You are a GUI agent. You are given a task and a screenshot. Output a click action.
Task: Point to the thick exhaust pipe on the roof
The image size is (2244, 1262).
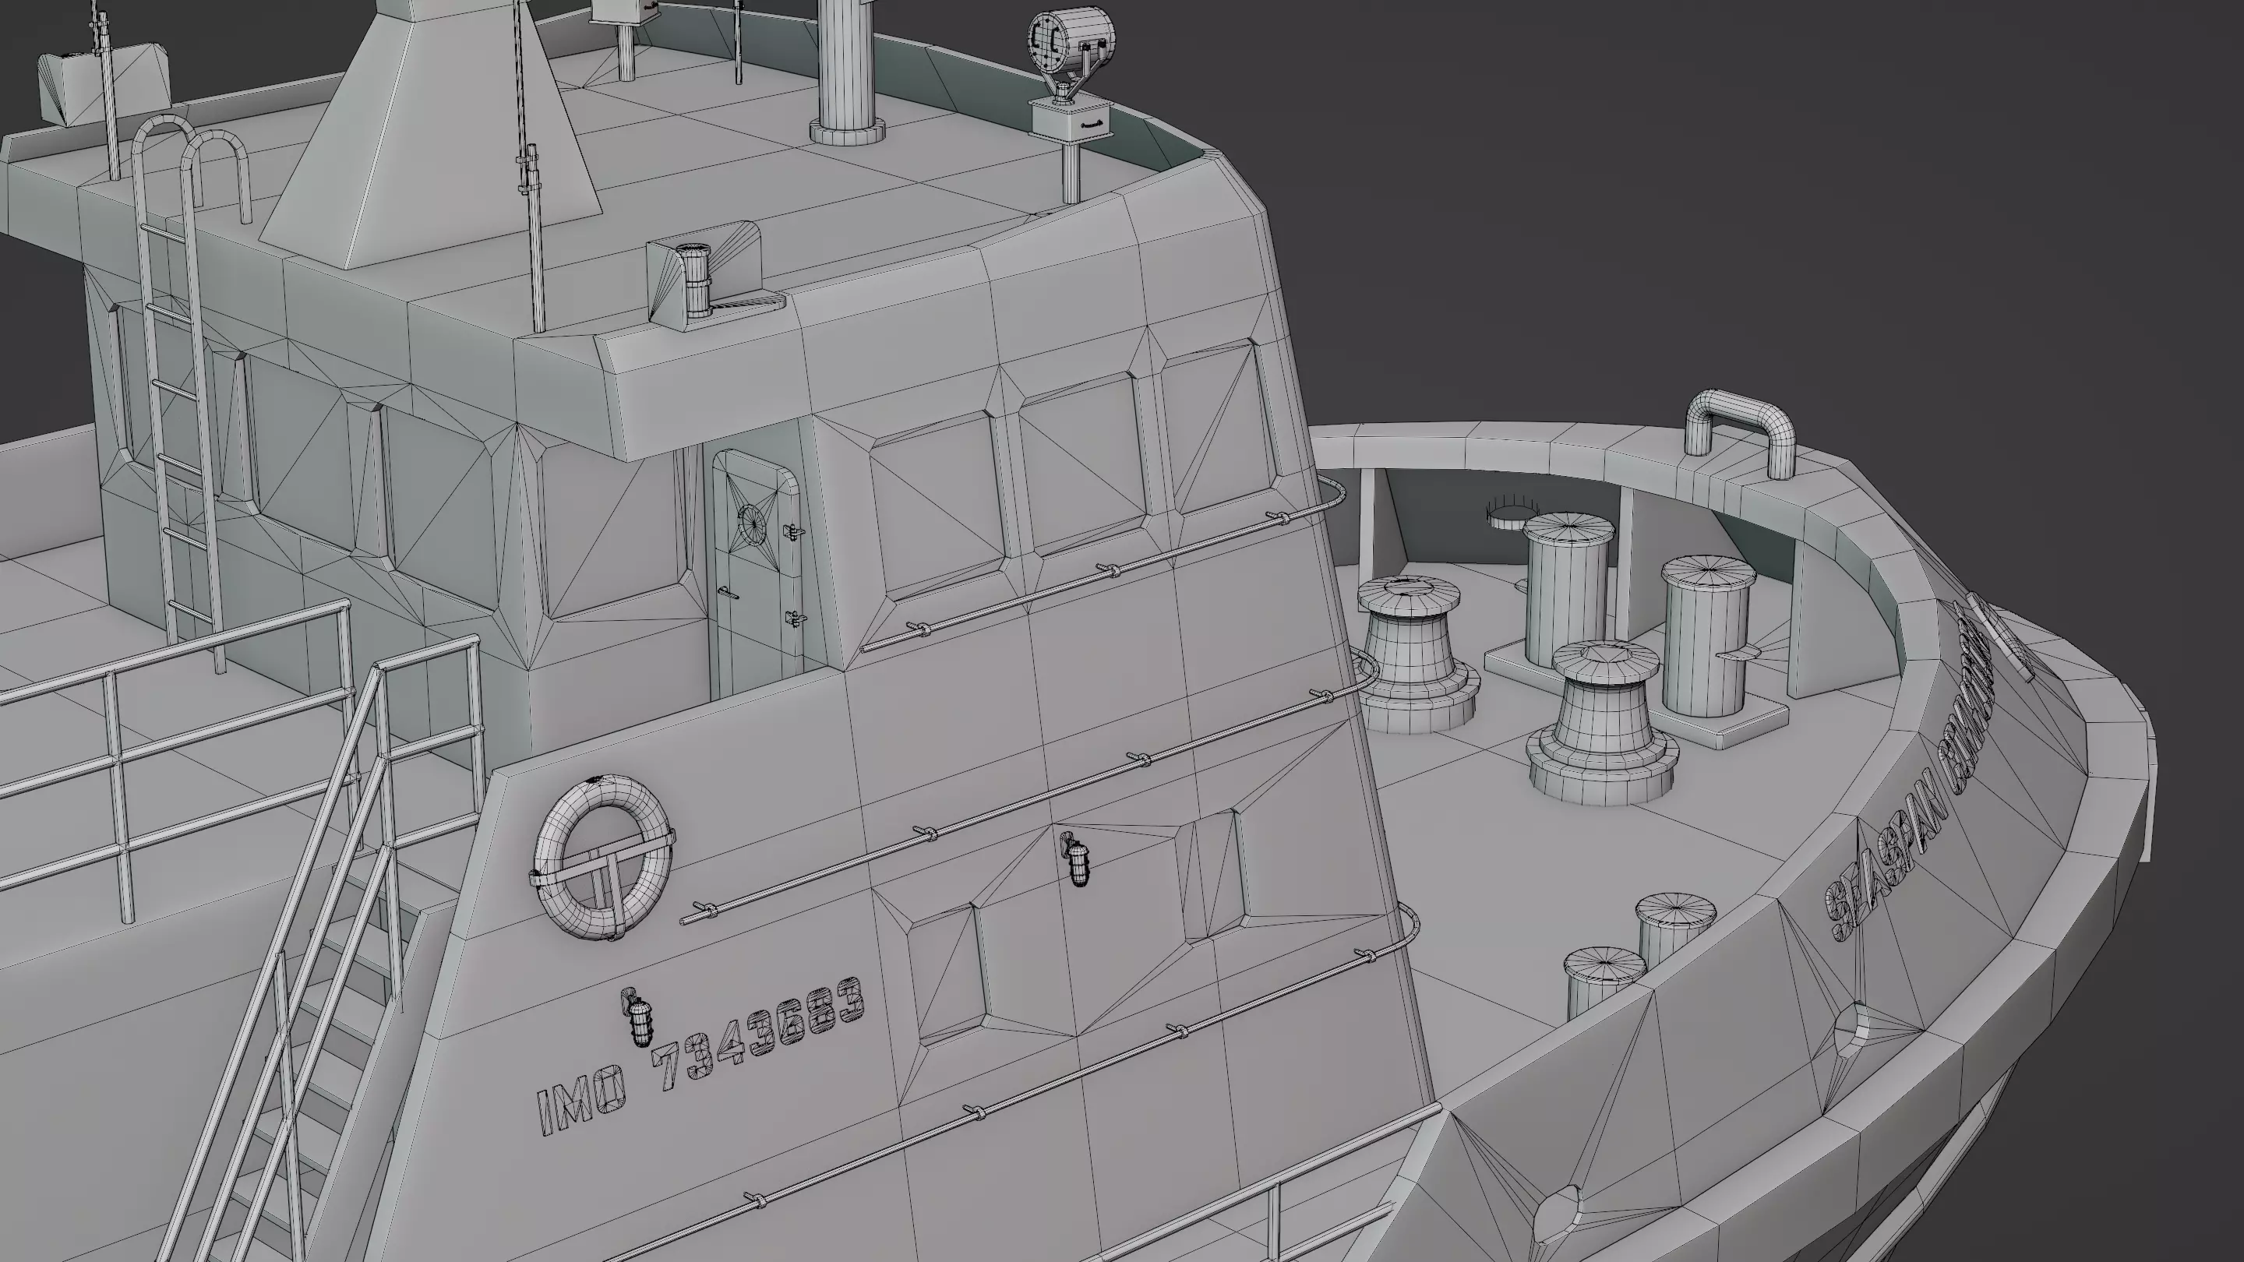click(x=848, y=69)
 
